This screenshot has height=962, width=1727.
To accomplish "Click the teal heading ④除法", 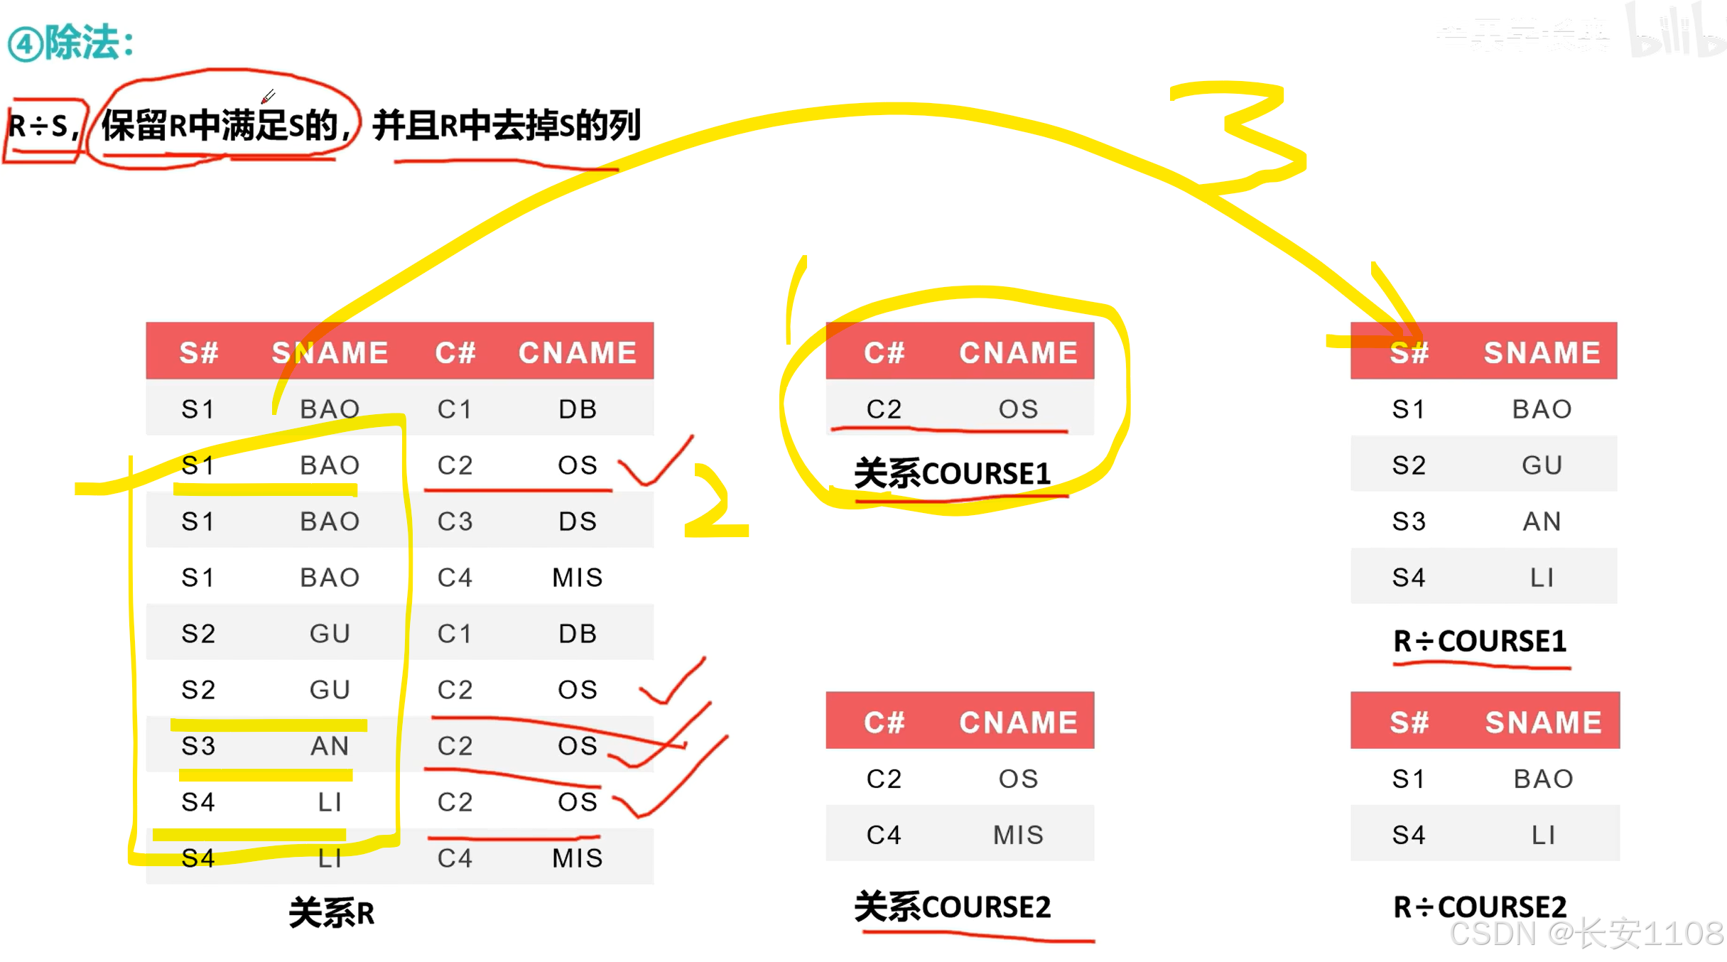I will pyautogui.click(x=71, y=43).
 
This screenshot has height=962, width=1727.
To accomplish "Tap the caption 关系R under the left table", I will pyautogui.click(x=331, y=912).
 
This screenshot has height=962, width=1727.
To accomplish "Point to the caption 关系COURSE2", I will pyautogui.click(x=952, y=907).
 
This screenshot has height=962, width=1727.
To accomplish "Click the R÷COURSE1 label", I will pyautogui.click(x=1480, y=642).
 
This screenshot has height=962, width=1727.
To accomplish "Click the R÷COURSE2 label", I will pyautogui.click(x=1480, y=907).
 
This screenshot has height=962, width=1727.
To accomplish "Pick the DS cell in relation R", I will pyautogui.click(x=578, y=521).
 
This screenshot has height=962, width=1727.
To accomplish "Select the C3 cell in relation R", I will pyautogui.click(x=455, y=521).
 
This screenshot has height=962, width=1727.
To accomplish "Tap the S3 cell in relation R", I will pyautogui.click(x=198, y=746).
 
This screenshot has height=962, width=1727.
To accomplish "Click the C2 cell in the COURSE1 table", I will pyautogui.click(x=884, y=409).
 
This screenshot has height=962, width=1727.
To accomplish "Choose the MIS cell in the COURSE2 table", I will pyautogui.click(x=1018, y=835).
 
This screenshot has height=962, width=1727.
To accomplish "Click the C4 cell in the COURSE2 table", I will pyautogui.click(x=884, y=835).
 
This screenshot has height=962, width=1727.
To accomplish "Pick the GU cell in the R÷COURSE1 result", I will pyautogui.click(x=1542, y=465).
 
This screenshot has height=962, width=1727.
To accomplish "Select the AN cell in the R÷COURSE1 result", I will pyautogui.click(x=1542, y=521).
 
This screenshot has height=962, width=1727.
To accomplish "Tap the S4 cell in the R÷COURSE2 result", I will pyautogui.click(x=1409, y=835).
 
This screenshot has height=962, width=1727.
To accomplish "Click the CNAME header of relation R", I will pyautogui.click(x=578, y=352).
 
